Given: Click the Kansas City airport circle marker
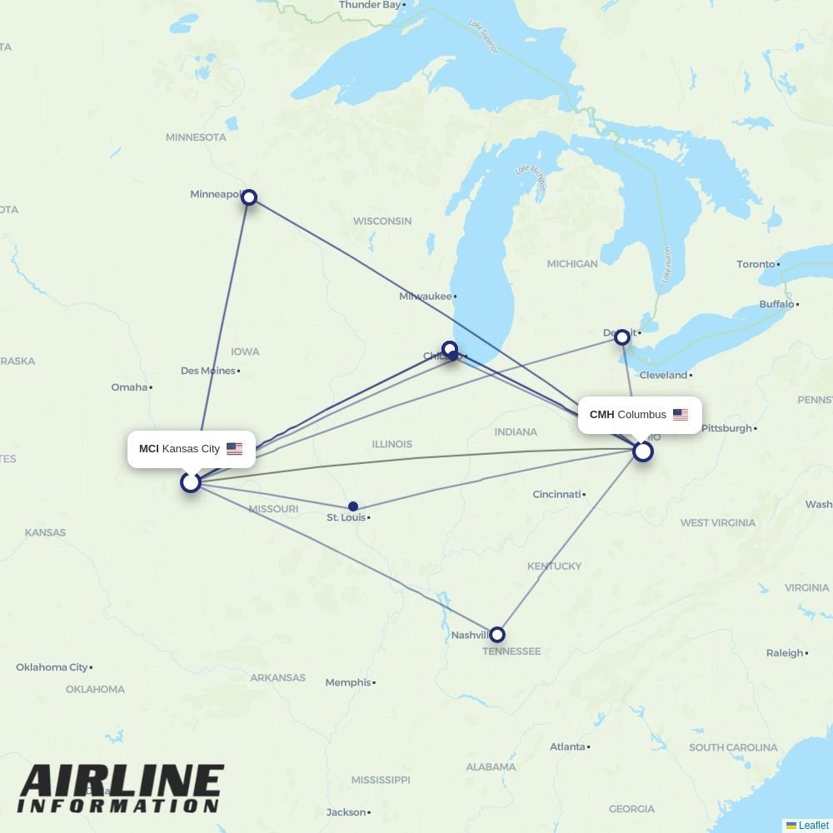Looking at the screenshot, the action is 191,482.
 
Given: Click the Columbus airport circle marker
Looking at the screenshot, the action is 642,451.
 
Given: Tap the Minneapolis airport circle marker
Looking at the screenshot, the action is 248,197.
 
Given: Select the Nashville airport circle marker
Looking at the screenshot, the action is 496,635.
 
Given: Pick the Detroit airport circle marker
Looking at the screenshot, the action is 621,337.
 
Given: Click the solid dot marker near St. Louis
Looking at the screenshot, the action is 353,506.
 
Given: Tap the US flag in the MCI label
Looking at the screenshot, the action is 234,449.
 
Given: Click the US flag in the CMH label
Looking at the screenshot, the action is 681,415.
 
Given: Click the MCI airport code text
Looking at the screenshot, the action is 148,449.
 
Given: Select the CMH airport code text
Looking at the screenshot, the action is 601,415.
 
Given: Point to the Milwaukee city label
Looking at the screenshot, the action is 425,297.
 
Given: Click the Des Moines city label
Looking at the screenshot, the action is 207,371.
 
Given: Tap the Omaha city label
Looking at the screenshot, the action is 129,387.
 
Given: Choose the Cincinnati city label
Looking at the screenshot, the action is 556,494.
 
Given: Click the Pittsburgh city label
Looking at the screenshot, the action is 726,428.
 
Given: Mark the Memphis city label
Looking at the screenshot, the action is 347,682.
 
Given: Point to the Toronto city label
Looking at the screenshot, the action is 756,264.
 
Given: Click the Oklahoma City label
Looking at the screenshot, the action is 52,667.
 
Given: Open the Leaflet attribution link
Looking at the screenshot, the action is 813,826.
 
